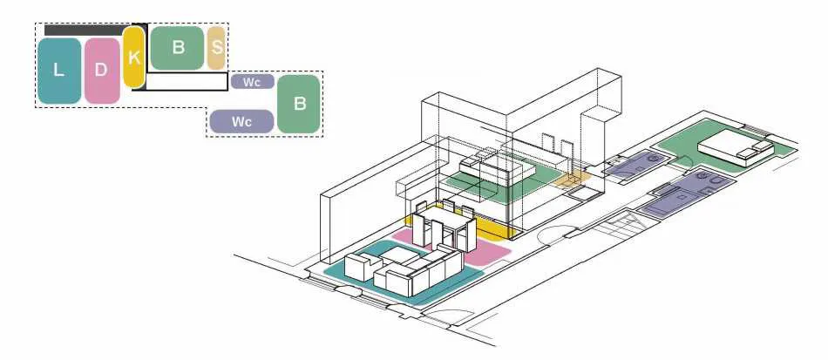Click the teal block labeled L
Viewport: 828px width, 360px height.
point(59,71)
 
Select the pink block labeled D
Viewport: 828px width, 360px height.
point(102,71)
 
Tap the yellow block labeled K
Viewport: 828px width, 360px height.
point(133,57)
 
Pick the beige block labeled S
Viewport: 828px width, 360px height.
point(216,48)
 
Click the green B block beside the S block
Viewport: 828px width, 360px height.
point(177,48)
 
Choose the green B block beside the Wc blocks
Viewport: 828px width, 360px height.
point(299,104)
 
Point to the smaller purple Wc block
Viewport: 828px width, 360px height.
point(253,82)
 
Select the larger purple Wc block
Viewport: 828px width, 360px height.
point(241,121)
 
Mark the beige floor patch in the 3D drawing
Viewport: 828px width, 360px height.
point(572,180)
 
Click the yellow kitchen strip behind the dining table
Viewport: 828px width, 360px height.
point(459,221)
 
